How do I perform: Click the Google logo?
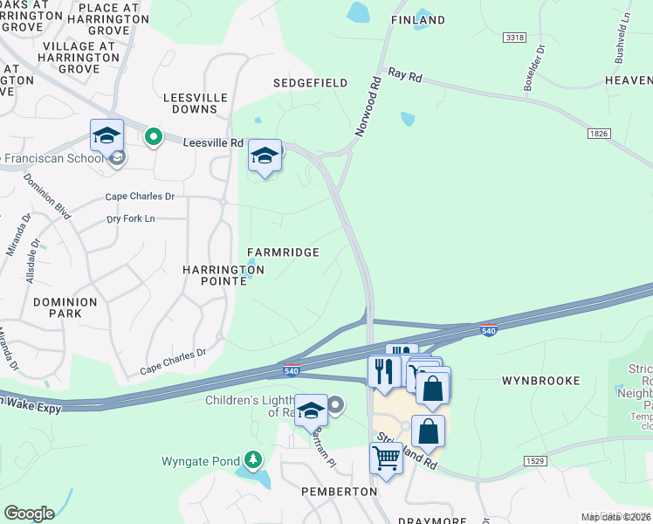[x=29, y=514]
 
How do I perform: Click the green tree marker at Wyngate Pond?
[x=253, y=459]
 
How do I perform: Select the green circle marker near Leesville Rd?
[x=154, y=137]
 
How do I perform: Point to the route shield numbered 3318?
[x=514, y=38]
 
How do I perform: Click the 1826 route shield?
[x=598, y=134]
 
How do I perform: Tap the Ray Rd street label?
[x=405, y=77]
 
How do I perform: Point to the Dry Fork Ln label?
[x=131, y=218]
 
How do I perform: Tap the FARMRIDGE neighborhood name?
[x=282, y=252]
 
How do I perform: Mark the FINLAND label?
[x=417, y=20]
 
